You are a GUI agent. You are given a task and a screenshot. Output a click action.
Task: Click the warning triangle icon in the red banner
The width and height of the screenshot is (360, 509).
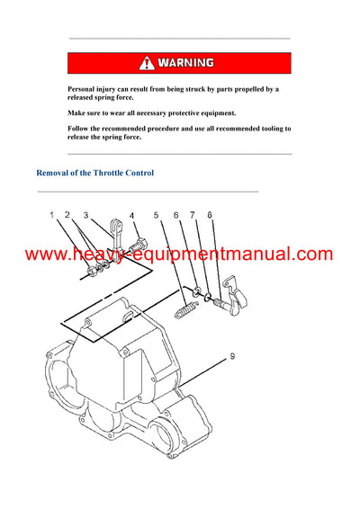(147, 63)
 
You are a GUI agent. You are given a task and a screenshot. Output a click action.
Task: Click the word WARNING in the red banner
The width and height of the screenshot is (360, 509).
(187, 63)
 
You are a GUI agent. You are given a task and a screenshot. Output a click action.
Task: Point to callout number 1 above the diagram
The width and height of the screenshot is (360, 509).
(52, 214)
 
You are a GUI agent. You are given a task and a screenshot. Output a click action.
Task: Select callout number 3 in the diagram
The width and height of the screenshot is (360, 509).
(85, 215)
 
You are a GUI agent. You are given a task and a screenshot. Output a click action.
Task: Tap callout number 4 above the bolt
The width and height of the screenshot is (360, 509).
(131, 216)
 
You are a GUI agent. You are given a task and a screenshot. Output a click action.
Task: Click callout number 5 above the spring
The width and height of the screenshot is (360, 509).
(157, 216)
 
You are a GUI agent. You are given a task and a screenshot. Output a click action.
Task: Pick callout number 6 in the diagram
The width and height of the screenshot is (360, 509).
(175, 216)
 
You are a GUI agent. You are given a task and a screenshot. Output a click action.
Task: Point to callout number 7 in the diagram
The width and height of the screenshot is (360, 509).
(192, 216)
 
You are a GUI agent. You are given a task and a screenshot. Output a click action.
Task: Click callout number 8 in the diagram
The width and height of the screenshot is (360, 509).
(210, 216)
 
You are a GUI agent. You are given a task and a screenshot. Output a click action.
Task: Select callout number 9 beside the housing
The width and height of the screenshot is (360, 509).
(232, 357)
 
